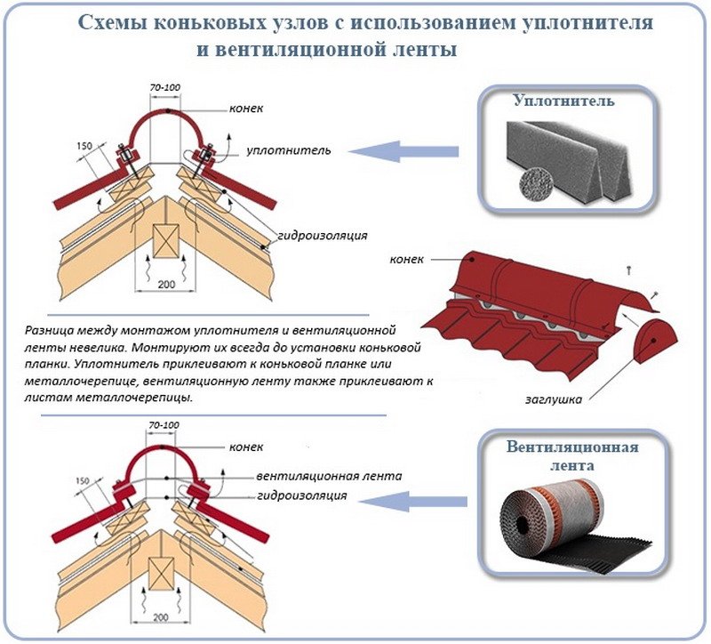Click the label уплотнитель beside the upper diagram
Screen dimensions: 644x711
[288, 150]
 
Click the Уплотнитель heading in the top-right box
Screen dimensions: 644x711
[563, 102]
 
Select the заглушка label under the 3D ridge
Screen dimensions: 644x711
[560, 399]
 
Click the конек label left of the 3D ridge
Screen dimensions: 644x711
[407, 260]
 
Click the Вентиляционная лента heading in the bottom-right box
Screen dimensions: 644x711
[571, 455]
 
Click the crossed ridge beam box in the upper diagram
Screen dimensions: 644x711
[165, 238]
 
